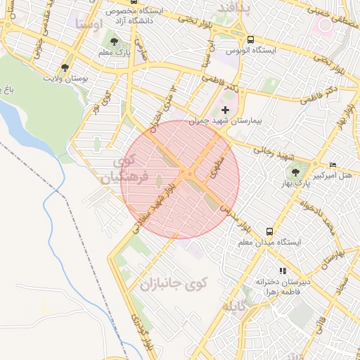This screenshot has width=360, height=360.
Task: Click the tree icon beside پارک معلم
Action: tap(115, 43)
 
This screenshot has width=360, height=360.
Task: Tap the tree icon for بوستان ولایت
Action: tap(65, 68)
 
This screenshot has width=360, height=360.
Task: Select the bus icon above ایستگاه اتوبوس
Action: tap(251, 39)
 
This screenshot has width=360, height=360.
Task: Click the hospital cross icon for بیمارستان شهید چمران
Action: tap(225, 110)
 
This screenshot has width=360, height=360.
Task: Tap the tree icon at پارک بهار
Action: tap(295, 172)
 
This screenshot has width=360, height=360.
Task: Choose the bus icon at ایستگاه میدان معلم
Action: tap(269, 231)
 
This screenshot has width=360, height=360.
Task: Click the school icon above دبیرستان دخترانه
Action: tap(283, 271)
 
